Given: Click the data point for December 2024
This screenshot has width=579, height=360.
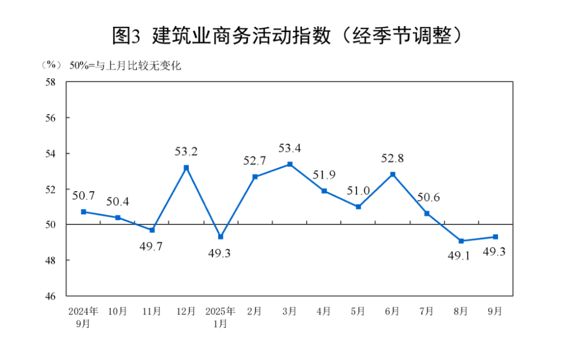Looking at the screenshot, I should pyautogui.click(x=186, y=168).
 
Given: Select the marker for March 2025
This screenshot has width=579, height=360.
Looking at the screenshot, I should pyautogui.click(x=289, y=164).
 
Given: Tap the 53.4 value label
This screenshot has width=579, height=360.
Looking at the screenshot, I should pyautogui.click(x=289, y=147).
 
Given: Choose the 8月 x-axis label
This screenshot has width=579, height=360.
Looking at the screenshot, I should pyautogui.click(x=461, y=311).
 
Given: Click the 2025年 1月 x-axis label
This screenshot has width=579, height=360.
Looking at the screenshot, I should pyautogui.click(x=220, y=317).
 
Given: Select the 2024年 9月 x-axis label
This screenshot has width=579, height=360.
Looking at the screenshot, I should pyautogui.click(x=83, y=317).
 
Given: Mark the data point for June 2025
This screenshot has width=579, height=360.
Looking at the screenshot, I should pyautogui.click(x=392, y=174).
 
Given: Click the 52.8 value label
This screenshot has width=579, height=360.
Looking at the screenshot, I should pyautogui.click(x=392, y=158).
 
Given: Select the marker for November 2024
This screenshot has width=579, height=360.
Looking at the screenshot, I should pyautogui.click(x=152, y=230).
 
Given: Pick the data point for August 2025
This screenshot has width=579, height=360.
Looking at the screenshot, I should pyautogui.click(x=461, y=241).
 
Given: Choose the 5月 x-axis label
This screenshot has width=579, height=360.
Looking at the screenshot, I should pyautogui.click(x=358, y=311).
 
